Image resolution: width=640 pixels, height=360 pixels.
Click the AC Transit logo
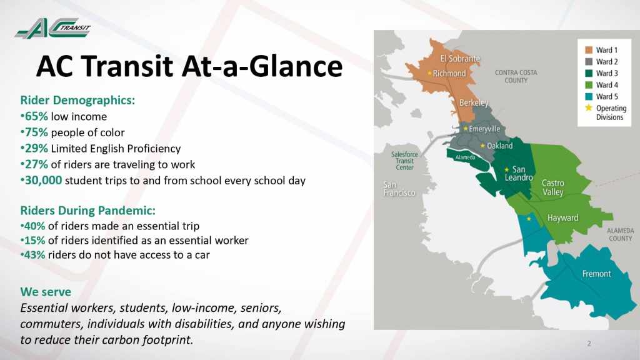tap(52, 29)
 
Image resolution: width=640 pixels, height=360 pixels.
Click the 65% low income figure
tap(36, 116)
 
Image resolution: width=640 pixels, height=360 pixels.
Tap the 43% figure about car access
tap(35, 255)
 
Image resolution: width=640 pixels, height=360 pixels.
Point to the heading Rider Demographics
tap(77, 100)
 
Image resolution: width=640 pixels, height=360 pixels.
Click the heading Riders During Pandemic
tap(87, 211)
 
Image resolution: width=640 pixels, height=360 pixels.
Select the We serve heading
tap(46, 292)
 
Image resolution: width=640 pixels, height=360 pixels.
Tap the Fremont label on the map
tap(596, 274)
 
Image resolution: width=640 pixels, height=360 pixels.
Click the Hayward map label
tap(563, 218)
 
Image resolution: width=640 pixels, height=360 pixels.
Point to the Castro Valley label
tap(553, 187)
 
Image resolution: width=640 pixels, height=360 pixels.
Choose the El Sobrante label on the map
tap(460, 59)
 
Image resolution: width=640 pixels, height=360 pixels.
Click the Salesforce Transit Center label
tap(404, 161)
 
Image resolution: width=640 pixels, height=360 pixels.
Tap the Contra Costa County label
tap(516, 76)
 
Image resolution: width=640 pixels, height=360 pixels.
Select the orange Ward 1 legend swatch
tap(589, 50)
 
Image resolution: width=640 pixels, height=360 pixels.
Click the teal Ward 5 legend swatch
tap(589, 97)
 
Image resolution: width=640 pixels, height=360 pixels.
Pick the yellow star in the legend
tap(589, 107)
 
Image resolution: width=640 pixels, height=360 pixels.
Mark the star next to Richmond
tap(429, 73)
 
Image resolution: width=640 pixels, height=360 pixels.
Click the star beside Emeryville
tap(465, 129)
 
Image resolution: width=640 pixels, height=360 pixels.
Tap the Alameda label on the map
tap(465, 157)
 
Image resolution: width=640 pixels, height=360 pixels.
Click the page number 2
tap(589, 343)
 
